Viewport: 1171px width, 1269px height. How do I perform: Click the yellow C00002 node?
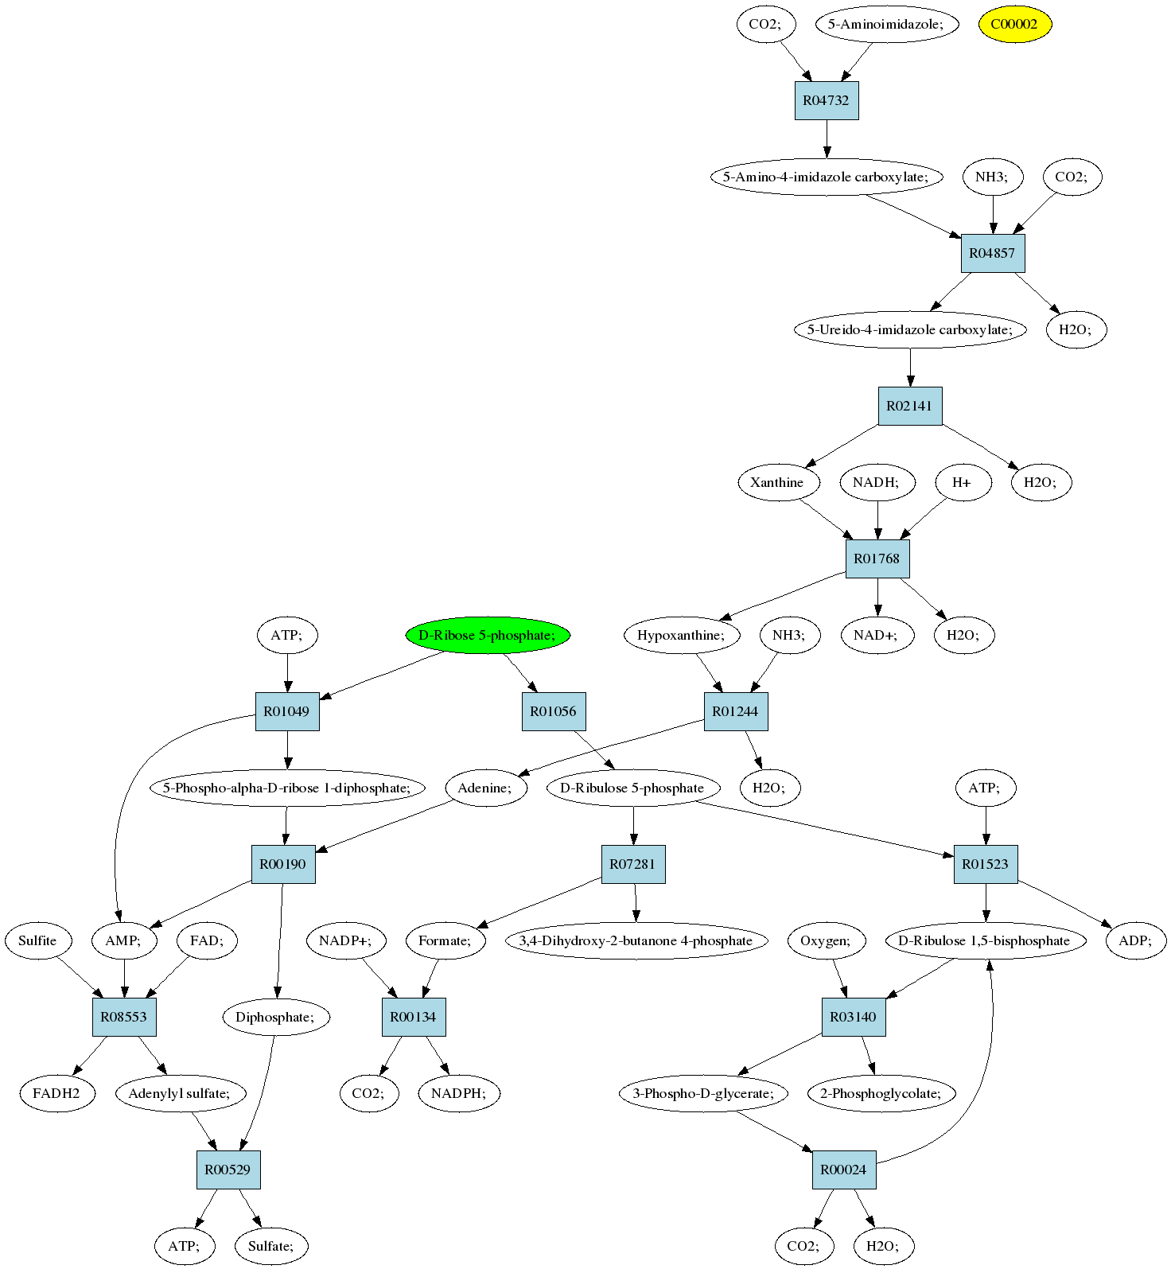[x=1014, y=24]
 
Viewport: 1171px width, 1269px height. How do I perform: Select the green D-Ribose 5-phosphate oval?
[x=487, y=635]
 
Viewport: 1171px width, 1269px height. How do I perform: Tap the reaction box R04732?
[x=827, y=100]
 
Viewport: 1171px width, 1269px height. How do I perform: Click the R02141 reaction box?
[x=909, y=406]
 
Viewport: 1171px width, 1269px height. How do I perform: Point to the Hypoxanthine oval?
[x=681, y=635]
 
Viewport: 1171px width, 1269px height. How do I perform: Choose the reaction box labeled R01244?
[x=735, y=711]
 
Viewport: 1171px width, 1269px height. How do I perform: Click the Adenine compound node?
[x=484, y=788]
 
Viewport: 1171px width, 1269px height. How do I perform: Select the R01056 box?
[x=553, y=711]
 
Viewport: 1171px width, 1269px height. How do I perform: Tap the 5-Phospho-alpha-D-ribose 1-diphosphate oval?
[x=286, y=788]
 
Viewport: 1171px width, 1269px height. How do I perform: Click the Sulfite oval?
[x=37, y=940]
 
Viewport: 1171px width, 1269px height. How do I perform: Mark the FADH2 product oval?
[x=56, y=1093]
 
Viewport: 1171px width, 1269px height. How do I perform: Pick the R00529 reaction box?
[x=228, y=1170]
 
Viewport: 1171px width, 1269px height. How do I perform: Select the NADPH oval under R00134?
[x=457, y=1093]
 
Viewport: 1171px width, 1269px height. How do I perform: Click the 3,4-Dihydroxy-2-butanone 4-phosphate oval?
[x=636, y=940]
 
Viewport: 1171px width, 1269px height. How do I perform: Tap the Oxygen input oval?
[x=825, y=940]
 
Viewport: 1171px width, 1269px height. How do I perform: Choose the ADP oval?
[x=1135, y=940]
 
